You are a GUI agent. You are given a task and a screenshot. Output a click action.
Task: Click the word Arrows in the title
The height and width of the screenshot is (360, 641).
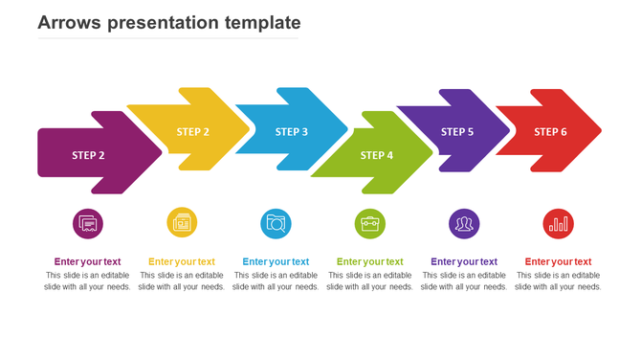point(70,22)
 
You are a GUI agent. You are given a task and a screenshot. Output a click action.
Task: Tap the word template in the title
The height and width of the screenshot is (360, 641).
point(259,22)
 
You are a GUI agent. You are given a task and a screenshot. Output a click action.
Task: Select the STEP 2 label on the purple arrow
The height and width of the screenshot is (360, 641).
point(88,155)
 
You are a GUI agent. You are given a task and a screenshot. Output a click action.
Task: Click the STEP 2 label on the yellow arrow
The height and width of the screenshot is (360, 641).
point(193,132)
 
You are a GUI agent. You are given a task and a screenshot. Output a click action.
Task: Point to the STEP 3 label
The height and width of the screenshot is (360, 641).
point(292,132)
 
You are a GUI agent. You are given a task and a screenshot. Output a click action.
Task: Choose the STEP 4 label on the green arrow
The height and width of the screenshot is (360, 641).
point(377,155)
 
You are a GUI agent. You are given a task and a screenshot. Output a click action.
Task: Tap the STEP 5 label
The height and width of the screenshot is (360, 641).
point(457,132)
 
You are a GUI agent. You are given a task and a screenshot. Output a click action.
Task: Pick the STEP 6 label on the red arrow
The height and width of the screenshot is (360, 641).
point(550,132)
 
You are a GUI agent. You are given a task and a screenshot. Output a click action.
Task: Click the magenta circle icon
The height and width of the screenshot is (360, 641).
point(88,224)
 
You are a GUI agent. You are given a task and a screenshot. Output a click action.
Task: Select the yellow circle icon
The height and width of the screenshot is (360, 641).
point(182,223)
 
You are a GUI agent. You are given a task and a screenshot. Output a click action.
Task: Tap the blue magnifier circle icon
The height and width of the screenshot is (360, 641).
point(276,224)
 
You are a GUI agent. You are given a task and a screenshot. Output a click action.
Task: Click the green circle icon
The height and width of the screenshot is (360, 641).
point(370,224)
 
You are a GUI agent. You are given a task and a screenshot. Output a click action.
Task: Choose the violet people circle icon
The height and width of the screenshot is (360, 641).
point(464,224)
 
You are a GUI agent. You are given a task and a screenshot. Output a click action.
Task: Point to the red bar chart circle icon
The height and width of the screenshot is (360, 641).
point(558,224)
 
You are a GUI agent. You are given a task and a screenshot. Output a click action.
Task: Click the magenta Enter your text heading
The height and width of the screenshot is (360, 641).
point(88,261)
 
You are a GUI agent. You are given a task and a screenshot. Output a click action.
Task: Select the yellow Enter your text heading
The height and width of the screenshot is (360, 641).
point(182,261)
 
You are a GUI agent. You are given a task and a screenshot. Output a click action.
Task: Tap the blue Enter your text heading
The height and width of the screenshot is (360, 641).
point(276,261)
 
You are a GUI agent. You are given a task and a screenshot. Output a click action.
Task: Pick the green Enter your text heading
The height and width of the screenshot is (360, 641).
point(370,261)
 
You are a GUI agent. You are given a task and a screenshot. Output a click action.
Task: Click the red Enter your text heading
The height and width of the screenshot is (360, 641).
point(558,261)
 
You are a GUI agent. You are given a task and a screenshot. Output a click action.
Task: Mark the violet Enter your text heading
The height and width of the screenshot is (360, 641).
point(464,261)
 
